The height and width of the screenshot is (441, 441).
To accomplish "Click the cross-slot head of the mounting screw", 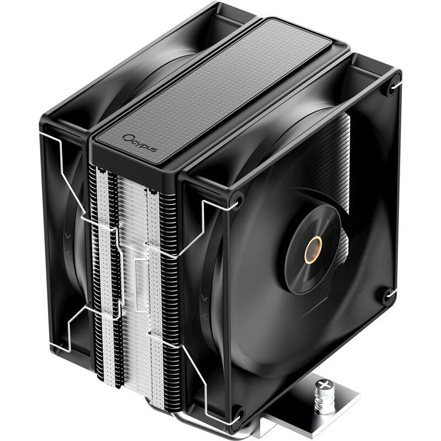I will [x=323, y=381].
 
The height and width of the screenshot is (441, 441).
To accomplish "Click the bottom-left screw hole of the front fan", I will [x=238, y=412].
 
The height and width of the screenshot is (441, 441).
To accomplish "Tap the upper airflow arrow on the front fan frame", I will [x=205, y=298].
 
